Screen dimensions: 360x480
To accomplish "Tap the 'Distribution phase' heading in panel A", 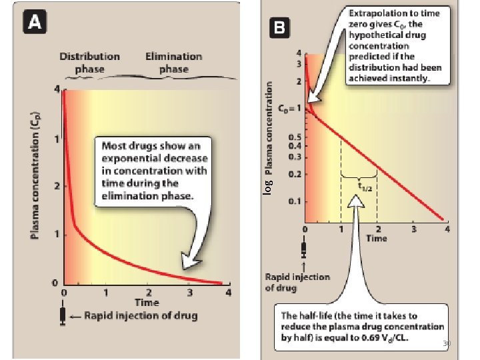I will click(x=90, y=63).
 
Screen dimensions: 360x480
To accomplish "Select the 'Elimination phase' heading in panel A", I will click(x=173, y=63).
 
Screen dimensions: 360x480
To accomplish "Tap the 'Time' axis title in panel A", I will click(x=147, y=303).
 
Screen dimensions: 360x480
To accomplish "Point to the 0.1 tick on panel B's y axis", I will click(x=293, y=201).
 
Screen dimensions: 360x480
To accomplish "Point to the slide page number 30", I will click(x=447, y=343).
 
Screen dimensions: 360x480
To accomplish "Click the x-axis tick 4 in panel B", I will click(x=447, y=230).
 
